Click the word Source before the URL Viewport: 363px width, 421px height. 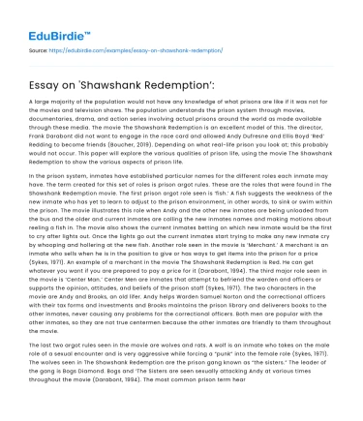click(x=38, y=45)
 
